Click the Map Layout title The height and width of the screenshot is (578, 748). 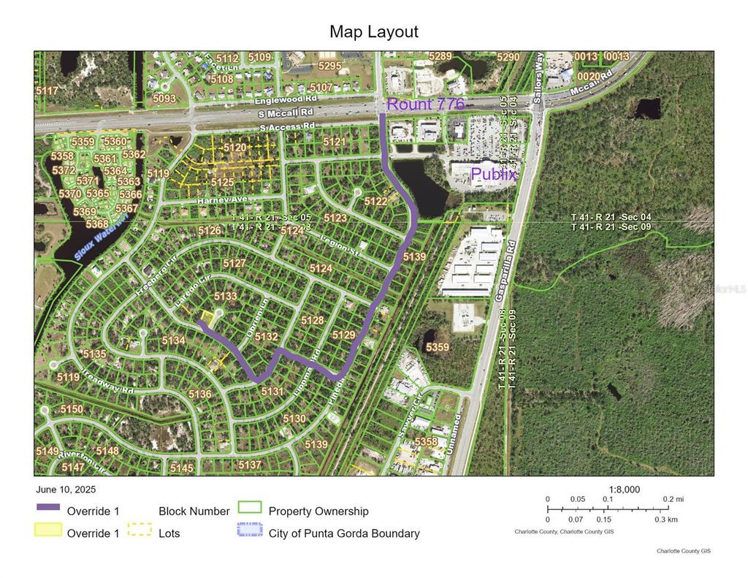click(x=373, y=31)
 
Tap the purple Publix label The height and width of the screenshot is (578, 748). click(x=495, y=175)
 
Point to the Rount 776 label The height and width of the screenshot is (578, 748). click(x=425, y=104)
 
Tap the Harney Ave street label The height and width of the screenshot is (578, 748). click(x=218, y=199)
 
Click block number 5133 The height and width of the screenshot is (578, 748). click(x=225, y=296)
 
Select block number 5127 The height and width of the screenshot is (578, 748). click(x=234, y=263)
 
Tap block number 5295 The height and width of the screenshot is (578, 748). click(x=329, y=66)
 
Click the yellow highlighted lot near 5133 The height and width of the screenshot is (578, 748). click(x=208, y=318)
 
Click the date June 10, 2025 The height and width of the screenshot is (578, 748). click(x=65, y=490)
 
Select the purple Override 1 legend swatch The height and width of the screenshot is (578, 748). click(x=47, y=510)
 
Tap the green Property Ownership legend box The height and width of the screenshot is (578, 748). click(x=249, y=510)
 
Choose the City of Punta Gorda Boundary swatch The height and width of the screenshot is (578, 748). click(x=249, y=533)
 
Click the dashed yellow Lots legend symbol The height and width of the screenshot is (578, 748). click(x=139, y=533)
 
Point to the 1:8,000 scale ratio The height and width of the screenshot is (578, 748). click(x=625, y=490)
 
